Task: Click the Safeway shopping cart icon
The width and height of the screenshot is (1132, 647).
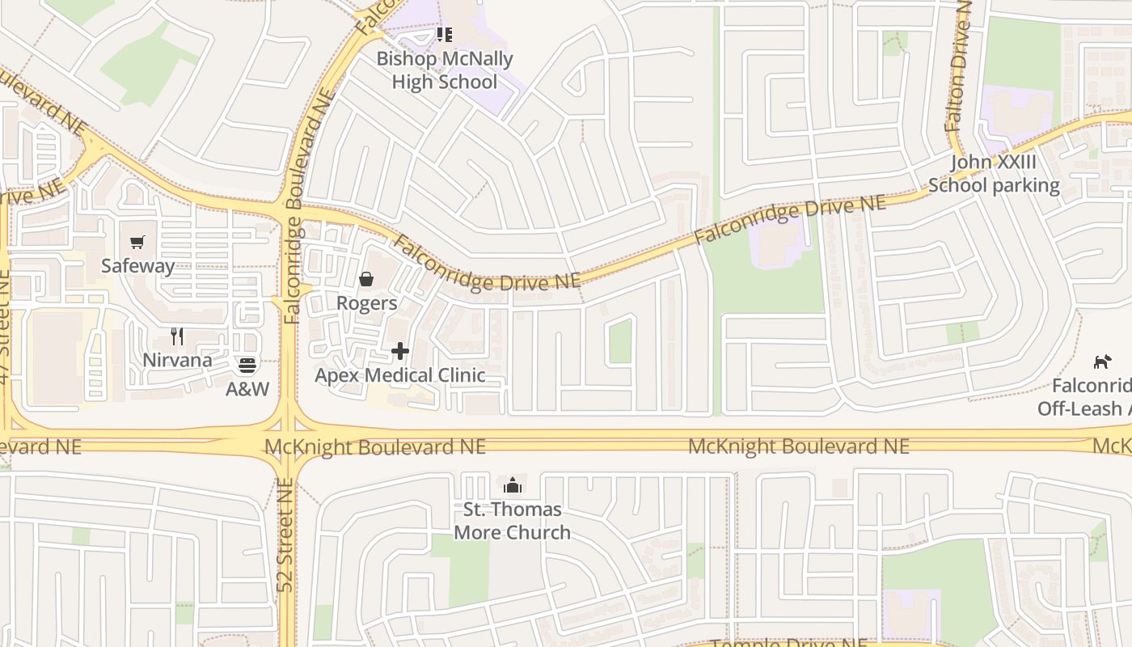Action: click(x=137, y=242)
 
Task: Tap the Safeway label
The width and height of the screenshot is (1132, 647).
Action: click(x=137, y=266)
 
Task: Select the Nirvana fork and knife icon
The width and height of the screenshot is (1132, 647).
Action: click(x=177, y=336)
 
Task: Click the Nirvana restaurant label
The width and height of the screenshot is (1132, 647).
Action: click(x=177, y=360)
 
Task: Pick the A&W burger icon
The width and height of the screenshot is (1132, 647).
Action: click(x=247, y=366)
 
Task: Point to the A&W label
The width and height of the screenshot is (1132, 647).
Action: click(x=247, y=389)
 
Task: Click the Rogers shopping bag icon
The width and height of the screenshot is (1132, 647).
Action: click(x=366, y=279)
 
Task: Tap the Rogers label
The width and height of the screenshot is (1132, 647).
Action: click(x=366, y=303)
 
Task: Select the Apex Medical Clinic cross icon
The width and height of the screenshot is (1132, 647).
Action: click(x=399, y=351)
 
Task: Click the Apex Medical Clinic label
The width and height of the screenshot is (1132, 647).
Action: click(x=399, y=375)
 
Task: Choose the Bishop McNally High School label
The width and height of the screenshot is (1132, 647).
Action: click(x=445, y=70)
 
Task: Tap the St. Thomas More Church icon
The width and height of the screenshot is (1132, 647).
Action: click(x=513, y=485)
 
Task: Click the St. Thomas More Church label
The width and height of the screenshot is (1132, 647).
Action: click(x=513, y=521)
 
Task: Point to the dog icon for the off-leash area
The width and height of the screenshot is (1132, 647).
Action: click(x=1101, y=362)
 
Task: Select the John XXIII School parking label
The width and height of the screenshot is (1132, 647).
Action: click(x=993, y=174)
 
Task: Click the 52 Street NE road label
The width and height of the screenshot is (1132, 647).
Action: click(x=285, y=535)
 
